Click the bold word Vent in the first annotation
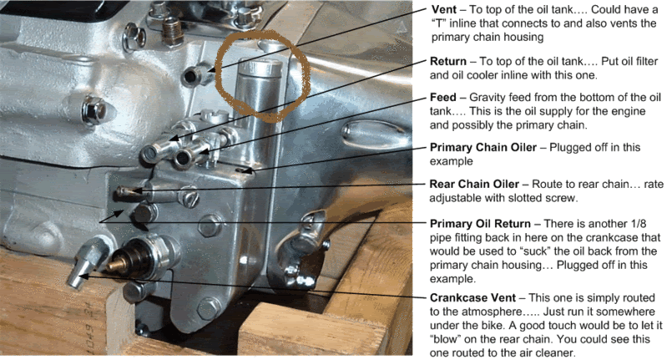(x=444, y=9)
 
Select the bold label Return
(x=448, y=61)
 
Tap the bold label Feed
(x=442, y=98)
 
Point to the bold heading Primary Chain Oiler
(x=483, y=147)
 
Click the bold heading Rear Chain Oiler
(x=474, y=184)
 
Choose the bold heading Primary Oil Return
(x=480, y=223)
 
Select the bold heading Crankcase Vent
(x=472, y=297)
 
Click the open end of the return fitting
(x=149, y=154)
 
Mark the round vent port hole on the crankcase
(x=191, y=77)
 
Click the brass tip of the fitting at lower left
(x=114, y=266)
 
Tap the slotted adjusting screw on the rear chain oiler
(x=189, y=197)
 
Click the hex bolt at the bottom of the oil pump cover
(x=209, y=307)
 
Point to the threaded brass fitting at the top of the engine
(x=171, y=31)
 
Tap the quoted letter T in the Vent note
(x=437, y=23)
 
